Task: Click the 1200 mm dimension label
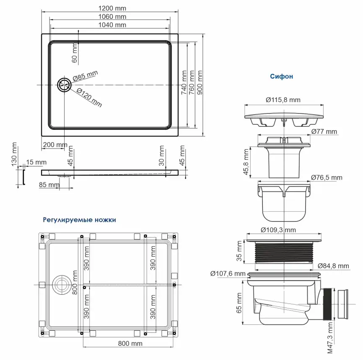click(x=112, y=8)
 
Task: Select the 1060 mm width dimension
click(x=112, y=17)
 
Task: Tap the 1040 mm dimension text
click(x=112, y=25)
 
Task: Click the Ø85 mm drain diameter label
click(x=85, y=76)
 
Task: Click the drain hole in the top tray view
click(x=65, y=85)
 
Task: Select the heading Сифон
click(x=281, y=77)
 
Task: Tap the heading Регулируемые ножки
click(x=79, y=219)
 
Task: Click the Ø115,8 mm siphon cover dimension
click(x=283, y=100)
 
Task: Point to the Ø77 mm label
click(x=324, y=132)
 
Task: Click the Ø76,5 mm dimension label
click(x=327, y=177)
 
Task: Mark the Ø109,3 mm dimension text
click(x=278, y=230)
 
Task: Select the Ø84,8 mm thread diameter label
click(x=333, y=266)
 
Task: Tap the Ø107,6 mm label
click(x=228, y=274)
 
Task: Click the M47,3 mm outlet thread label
click(x=331, y=338)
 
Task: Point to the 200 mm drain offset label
click(x=54, y=145)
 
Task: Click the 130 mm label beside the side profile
click(x=15, y=154)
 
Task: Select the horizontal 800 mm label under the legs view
click(x=130, y=343)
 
